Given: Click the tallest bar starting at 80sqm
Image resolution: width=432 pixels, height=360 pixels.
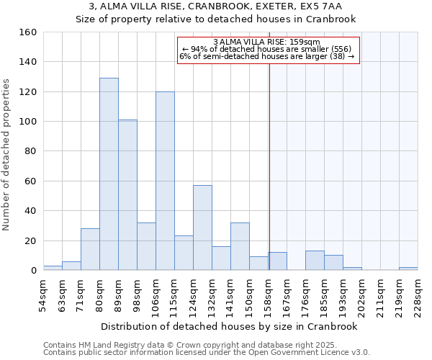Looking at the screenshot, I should pyautogui.click(x=109, y=174).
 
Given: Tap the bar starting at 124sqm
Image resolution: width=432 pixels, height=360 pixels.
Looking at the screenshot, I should pyautogui.click(x=202, y=228).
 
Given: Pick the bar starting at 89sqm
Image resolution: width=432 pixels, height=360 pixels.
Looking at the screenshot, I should pyautogui.click(x=127, y=194).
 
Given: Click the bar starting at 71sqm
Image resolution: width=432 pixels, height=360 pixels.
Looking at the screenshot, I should pyautogui.click(x=90, y=249).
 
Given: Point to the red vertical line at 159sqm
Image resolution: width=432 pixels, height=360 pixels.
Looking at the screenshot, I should pyautogui.click(x=269, y=166).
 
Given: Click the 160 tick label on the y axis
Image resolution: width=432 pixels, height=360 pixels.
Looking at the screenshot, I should pyautogui.click(x=27, y=32).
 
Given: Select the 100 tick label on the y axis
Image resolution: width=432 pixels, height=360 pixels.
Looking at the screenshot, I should pyautogui.click(x=27, y=122).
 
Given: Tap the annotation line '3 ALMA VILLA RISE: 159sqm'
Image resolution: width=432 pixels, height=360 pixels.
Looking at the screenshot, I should pyautogui.click(x=267, y=42).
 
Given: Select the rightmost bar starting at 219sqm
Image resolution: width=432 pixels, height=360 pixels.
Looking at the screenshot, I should pyautogui.click(x=408, y=269).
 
